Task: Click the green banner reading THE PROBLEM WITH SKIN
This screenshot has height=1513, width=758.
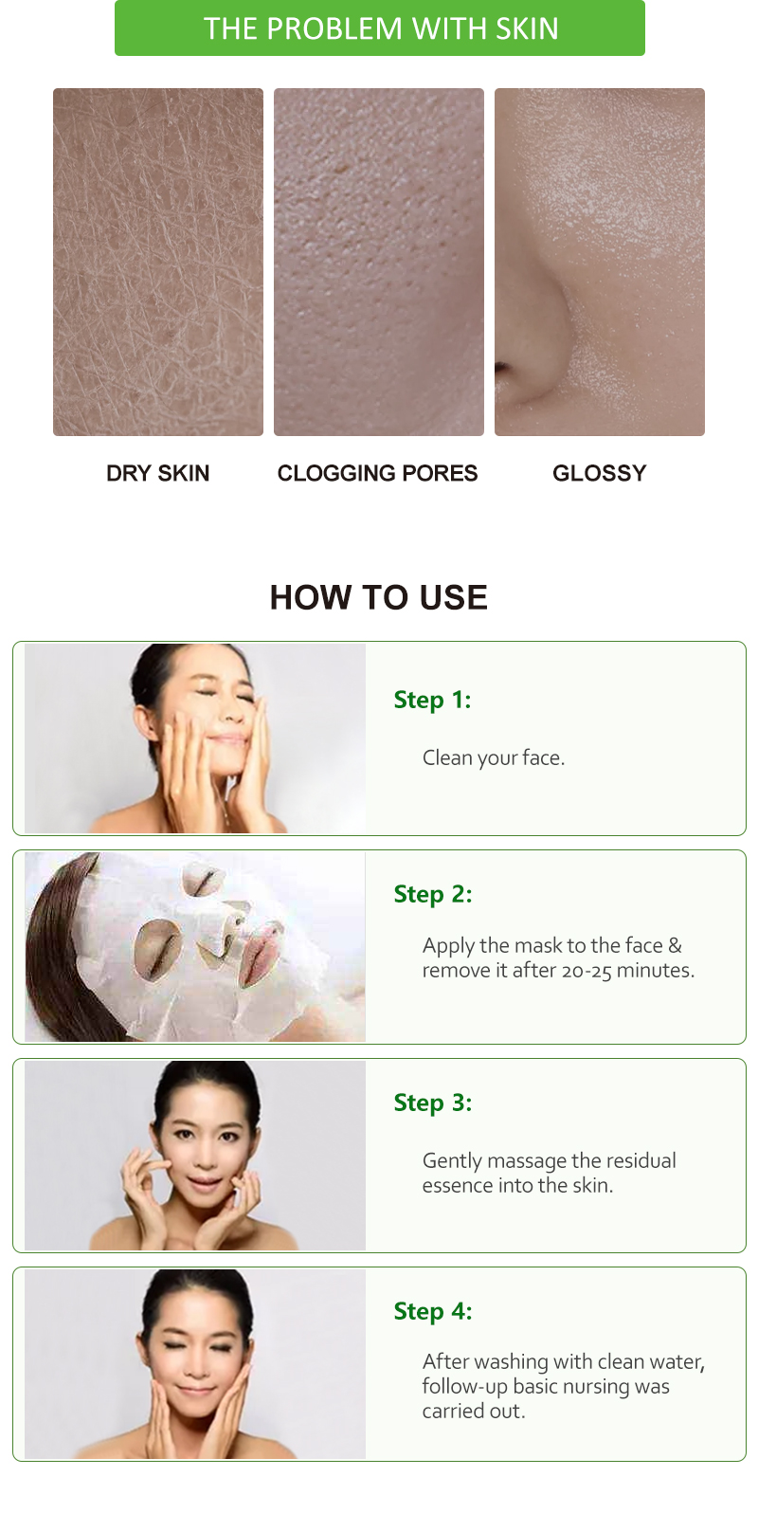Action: [x=380, y=28]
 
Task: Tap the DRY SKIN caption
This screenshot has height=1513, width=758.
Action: [x=157, y=473]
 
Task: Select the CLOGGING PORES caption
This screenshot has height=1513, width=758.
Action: [x=377, y=473]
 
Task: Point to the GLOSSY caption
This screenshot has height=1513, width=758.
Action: [x=599, y=473]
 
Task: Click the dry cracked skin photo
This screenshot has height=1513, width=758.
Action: [x=158, y=262]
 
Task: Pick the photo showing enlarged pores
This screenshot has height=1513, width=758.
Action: [x=379, y=262]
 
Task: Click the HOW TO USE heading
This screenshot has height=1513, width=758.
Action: [x=379, y=597]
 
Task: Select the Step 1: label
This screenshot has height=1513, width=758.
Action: [x=432, y=700]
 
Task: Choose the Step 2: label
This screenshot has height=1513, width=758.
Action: [x=433, y=894]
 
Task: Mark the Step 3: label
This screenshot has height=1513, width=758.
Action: [x=433, y=1103]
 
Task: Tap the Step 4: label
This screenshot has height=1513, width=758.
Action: [x=433, y=1311]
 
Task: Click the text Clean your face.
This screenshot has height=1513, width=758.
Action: [x=494, y=757]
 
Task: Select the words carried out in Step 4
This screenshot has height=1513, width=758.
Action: [x=474, y=1412]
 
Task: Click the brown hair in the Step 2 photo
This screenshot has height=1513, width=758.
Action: [x=57, y=957]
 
